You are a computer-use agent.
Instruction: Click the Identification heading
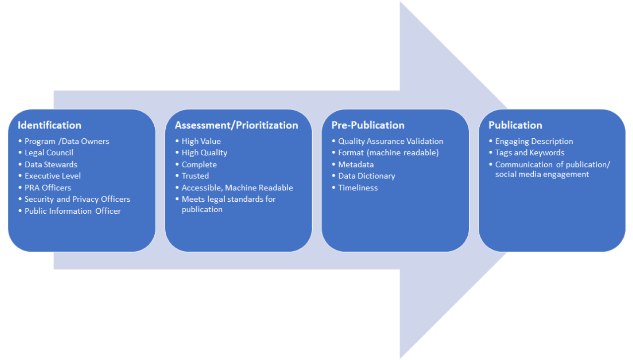click(50, 125)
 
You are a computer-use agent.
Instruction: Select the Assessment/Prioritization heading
click(237, 125)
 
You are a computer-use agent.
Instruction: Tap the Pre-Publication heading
click(368, 125)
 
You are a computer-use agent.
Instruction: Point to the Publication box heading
click(515, 125)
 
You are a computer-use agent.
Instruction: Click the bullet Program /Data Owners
click(67, 141)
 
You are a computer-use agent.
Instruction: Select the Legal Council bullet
click(49, 153)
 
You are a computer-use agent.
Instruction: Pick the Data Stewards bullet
click(51, 165)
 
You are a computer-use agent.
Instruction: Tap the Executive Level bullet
click(53, 176)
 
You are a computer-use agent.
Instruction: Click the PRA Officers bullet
click(48, 187)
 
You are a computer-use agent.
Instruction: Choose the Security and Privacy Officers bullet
click(77, 199)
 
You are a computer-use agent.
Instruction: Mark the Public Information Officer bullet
click(73, 211)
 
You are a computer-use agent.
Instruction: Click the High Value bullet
click(201, 141)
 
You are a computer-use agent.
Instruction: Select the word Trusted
click(195, 176)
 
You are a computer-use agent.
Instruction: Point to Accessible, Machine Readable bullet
click(237, 187)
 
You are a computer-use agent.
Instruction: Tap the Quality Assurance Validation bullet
click(391, 141)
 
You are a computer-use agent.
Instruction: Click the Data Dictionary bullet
click(367, 176)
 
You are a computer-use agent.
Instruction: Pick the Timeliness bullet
click(358, 187)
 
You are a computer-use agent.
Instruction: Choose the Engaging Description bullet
click(534, 141)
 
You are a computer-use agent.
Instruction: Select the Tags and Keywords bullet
click(530, 153)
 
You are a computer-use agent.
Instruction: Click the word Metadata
click(356, 165)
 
